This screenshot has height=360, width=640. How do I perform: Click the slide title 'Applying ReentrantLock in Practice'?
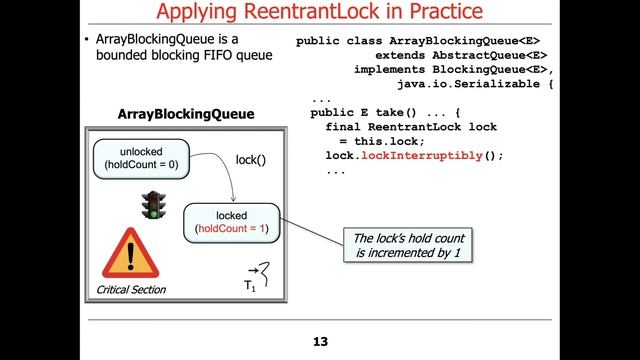(319, 14)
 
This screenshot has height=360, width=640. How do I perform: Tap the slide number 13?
(320, 342)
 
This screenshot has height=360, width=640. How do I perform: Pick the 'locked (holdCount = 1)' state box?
(231, 222)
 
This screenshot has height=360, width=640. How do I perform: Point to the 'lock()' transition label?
(251, 159)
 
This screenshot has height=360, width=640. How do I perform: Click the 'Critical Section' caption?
(131, 290)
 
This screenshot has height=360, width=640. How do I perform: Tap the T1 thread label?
(250, 286)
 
